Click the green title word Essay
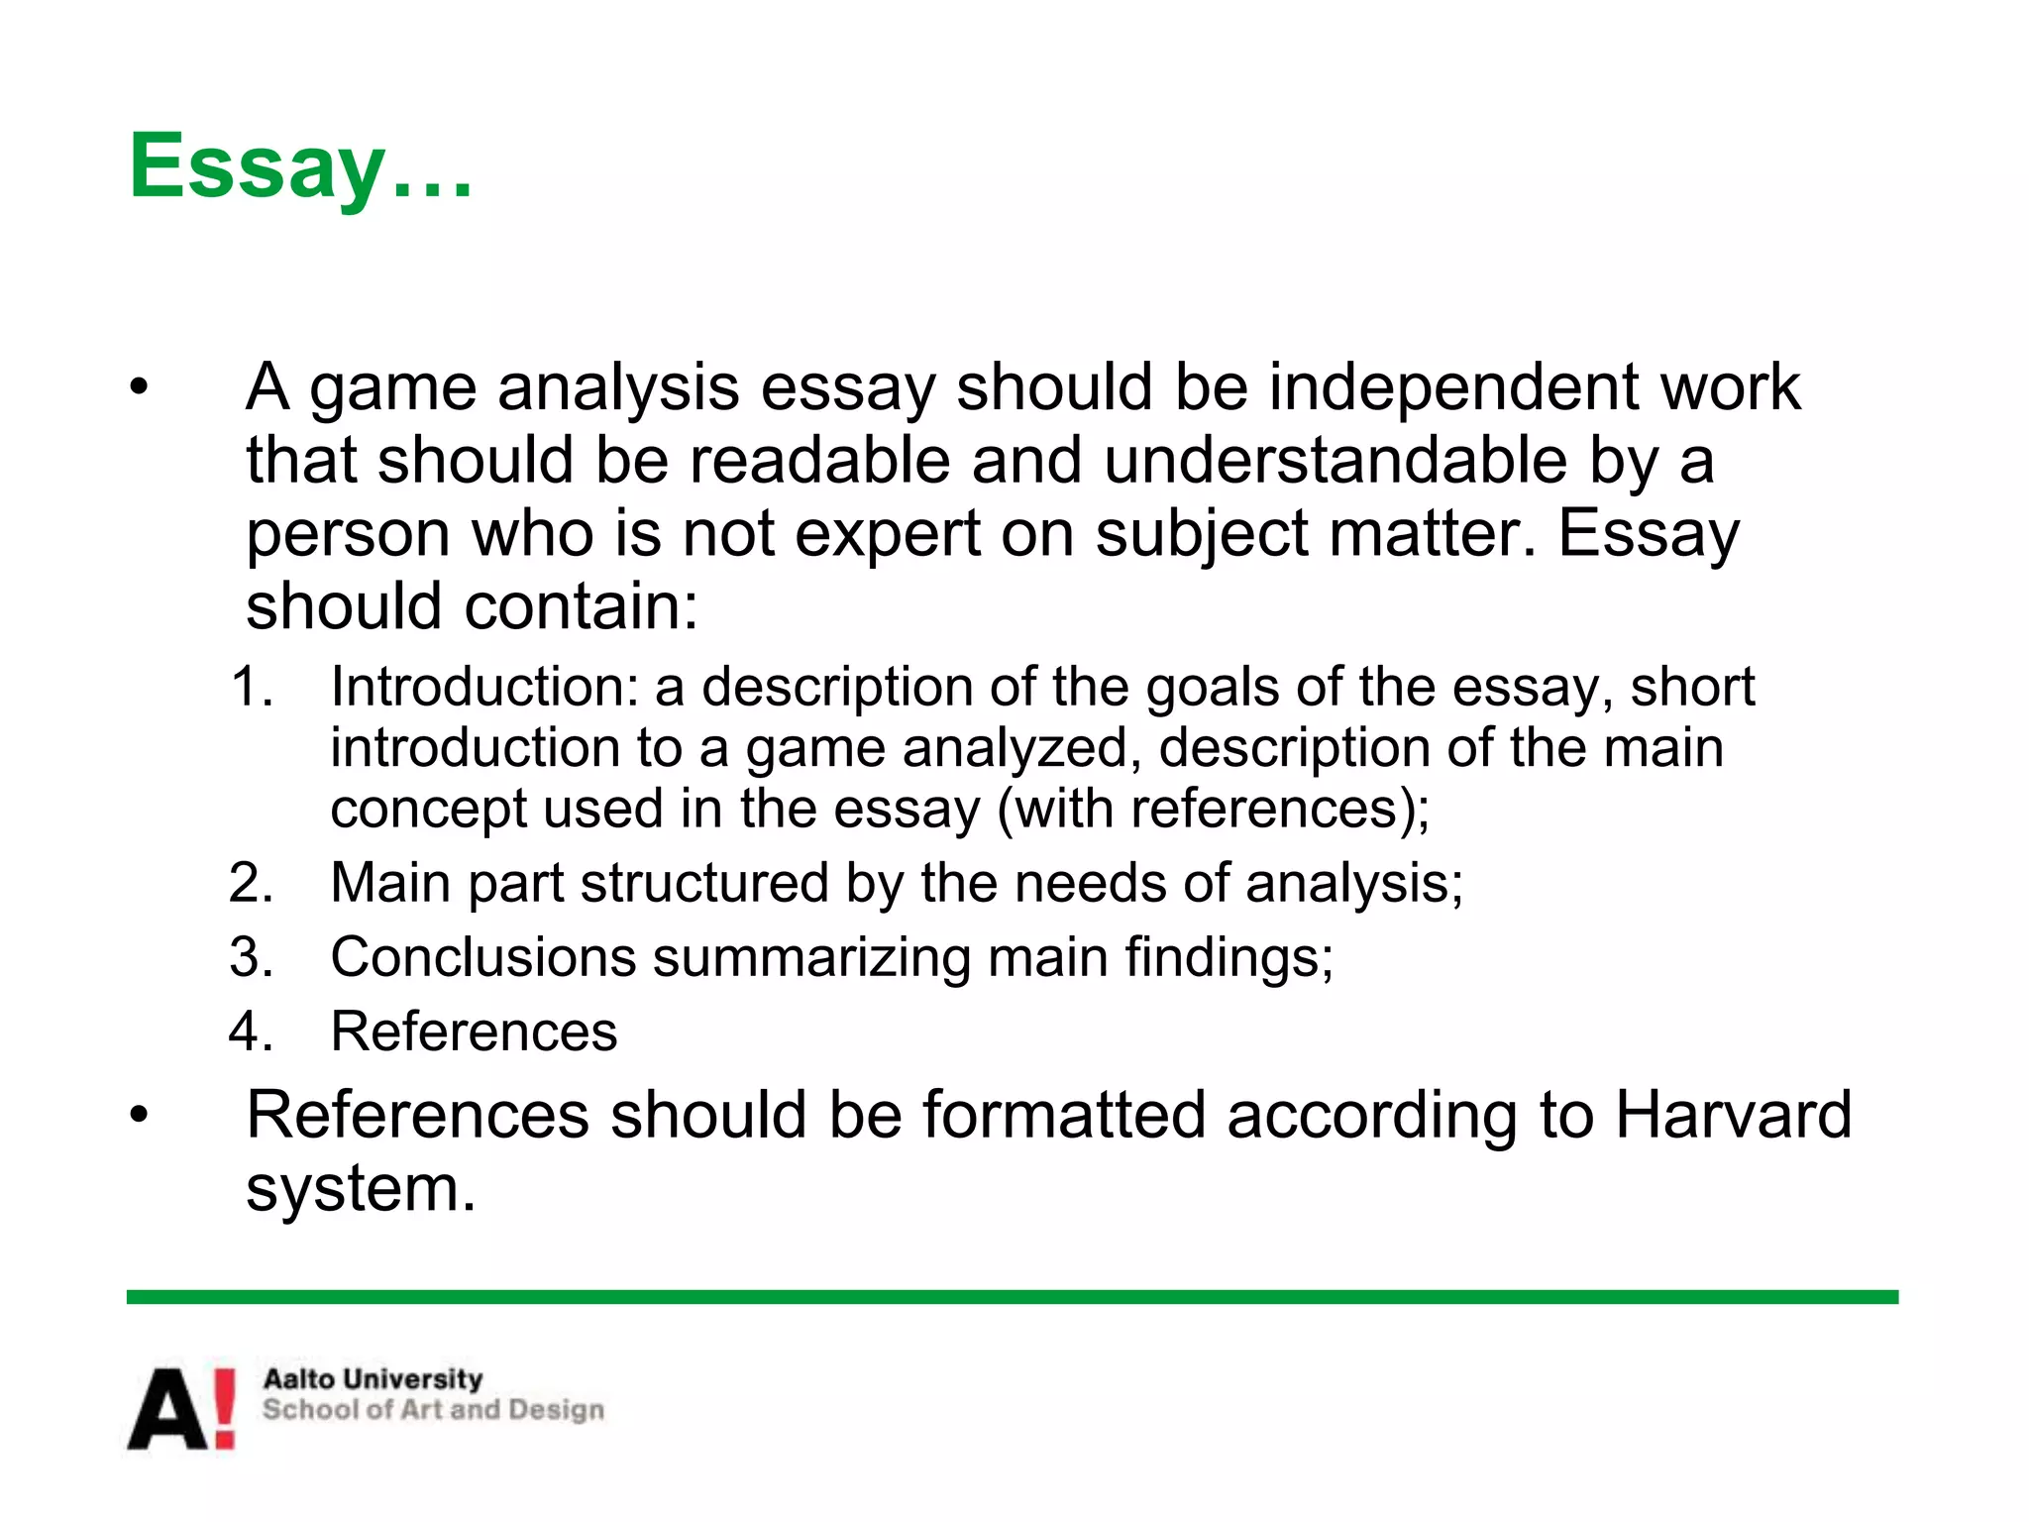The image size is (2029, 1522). pyautogui.click(x=257, y=166)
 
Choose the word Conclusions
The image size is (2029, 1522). pyautogui.click(x=483, y=957)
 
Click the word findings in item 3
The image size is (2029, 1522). pyautogui.click(x=1228, y=957)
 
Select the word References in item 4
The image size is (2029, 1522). pyautogui.click(x=474, y=1032)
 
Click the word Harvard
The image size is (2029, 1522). pyautogui.click(x=1733, y=1115)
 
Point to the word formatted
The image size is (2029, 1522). pyautogui.click(x=1064, y=1115)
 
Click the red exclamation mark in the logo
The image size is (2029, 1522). pyautogui.click(x=225, y=1407)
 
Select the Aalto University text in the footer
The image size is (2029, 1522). pyautogui.click(x=373, y=1378)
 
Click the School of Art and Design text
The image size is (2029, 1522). pyautogui.click(x=433, y=1409)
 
